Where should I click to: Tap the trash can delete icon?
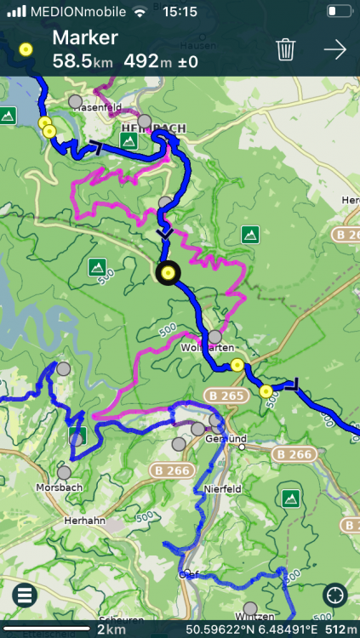click(x=286, y=49)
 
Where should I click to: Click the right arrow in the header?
click(x=335, y=49)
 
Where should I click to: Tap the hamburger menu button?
click(x=24, y=595)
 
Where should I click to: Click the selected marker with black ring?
click(x=169, y=272)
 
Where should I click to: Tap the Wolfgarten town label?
click(x=202, y=348)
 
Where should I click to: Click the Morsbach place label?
click(x=58, y=487)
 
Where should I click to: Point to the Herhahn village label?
click(x=83, y=520)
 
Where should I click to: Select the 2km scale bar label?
click(x=111, y=629)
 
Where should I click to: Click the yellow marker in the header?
click(x=26, y=49)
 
